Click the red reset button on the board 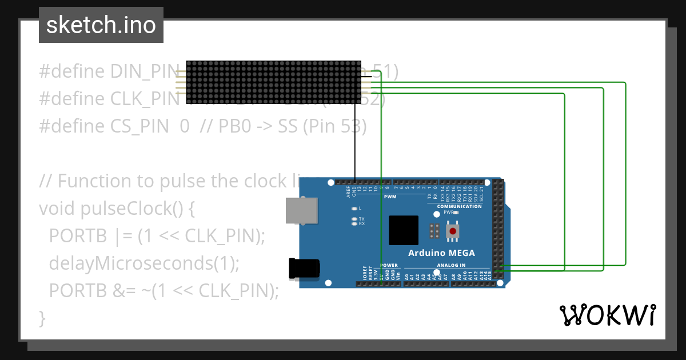[453, 231]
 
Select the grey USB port [302, 210]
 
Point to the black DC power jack [304, 269]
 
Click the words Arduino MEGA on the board [441, 253]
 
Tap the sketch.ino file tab [101, 25]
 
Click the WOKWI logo [607, 315]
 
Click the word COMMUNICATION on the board [459, 206]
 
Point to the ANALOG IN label [451, 265]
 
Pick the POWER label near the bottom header [389, 265]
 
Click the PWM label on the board [390, 197]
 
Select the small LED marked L [354, 209]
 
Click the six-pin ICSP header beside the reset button [434, 231]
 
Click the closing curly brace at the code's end [42, 318]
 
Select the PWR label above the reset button [448, 212]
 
